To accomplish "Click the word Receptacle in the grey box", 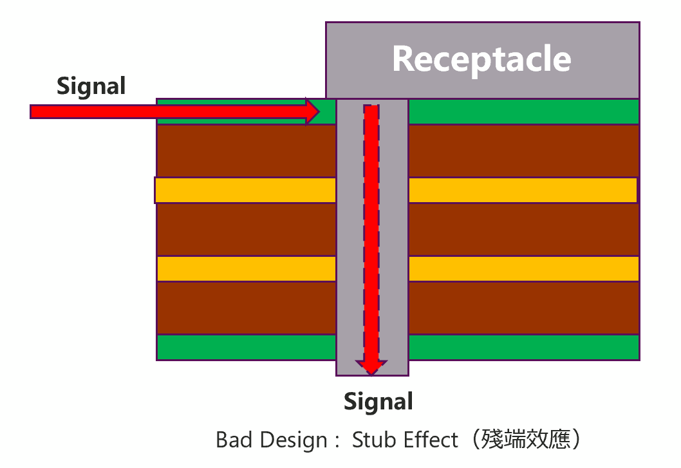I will click(x=481, y=59).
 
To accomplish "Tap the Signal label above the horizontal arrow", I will click(x=91, y=86).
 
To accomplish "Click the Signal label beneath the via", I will click(x=378, y=401).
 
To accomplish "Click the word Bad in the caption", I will click(x=235, y=440).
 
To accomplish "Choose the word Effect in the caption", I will click(x=431, y=440).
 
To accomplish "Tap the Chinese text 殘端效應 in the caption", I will click(x=526, y=440).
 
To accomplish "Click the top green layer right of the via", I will click(x=523, y=111).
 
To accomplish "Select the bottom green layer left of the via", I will click(x=247, y=348).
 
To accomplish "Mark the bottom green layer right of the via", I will click(x=523, y=348).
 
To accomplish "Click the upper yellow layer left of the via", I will click(x=245, y=190).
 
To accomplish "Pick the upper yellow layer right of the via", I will click(x=523, y=190).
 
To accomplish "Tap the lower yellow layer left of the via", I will click(x=247, y=268).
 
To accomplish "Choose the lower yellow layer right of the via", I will click(x=523, y=268).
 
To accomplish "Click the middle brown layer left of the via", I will click(x=247, y=229).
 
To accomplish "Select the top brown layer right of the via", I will click(x=523, y=151).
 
